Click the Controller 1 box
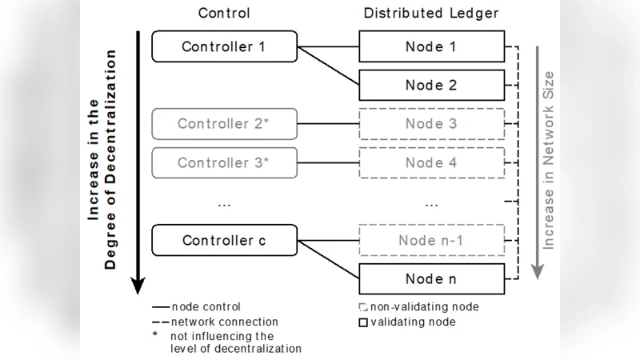click(x=224, y=46)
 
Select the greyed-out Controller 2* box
click(x=224, y=124)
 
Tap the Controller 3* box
click(x=224, y=162)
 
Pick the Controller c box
click(x=224, y=240)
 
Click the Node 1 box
click(x=431, y=46)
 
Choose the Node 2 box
click(x=431, y=85)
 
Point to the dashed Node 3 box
click(x=431, y=124)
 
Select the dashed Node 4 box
click(x=431, y=162)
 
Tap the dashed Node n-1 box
click(x=431, y=240)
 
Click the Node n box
click(x=431, y=279)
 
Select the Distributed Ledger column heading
click(x=431, y=13)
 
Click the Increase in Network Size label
click(x=549, y=160)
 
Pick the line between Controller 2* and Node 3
click(x=328, y=124)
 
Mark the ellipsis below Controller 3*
click(x=224, y=203)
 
